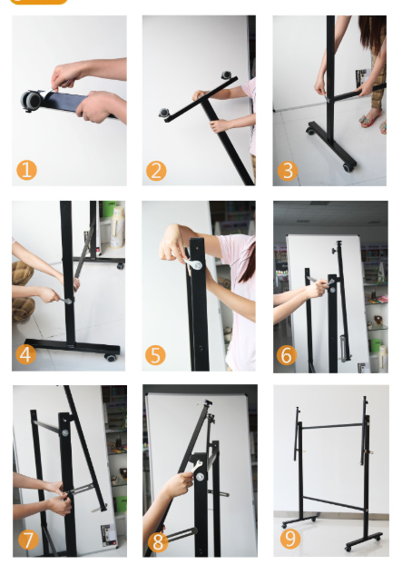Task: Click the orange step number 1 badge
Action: click(x=26, y=170)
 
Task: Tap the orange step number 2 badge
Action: click(x=156, y=171)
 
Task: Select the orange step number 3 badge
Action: click(x=287, y=171)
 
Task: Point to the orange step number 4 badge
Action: click(x=25, y=354)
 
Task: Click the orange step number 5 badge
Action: click(x=155, y=355)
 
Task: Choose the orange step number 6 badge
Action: click(x=287, y=355)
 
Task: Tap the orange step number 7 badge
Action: click(x=28, y=540)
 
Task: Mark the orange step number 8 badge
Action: click(x=158, y=542)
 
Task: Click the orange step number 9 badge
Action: click(x=290, y=539)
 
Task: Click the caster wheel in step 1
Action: click(x=31, y=100)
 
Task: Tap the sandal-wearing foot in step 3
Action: click(x=370, y=117)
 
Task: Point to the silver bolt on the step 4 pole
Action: click(x=68, y=301)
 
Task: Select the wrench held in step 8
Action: click(x=197, y=467)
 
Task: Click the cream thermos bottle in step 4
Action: click(x=117, y=227)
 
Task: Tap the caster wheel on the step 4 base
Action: click(x=111, y=358)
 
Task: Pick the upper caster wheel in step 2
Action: click(x=226, y=75)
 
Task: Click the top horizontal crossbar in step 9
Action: click(x=332, y=426)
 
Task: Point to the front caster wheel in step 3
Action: click(x=348, y=167)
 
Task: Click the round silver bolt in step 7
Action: click(x=65, y=432)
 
